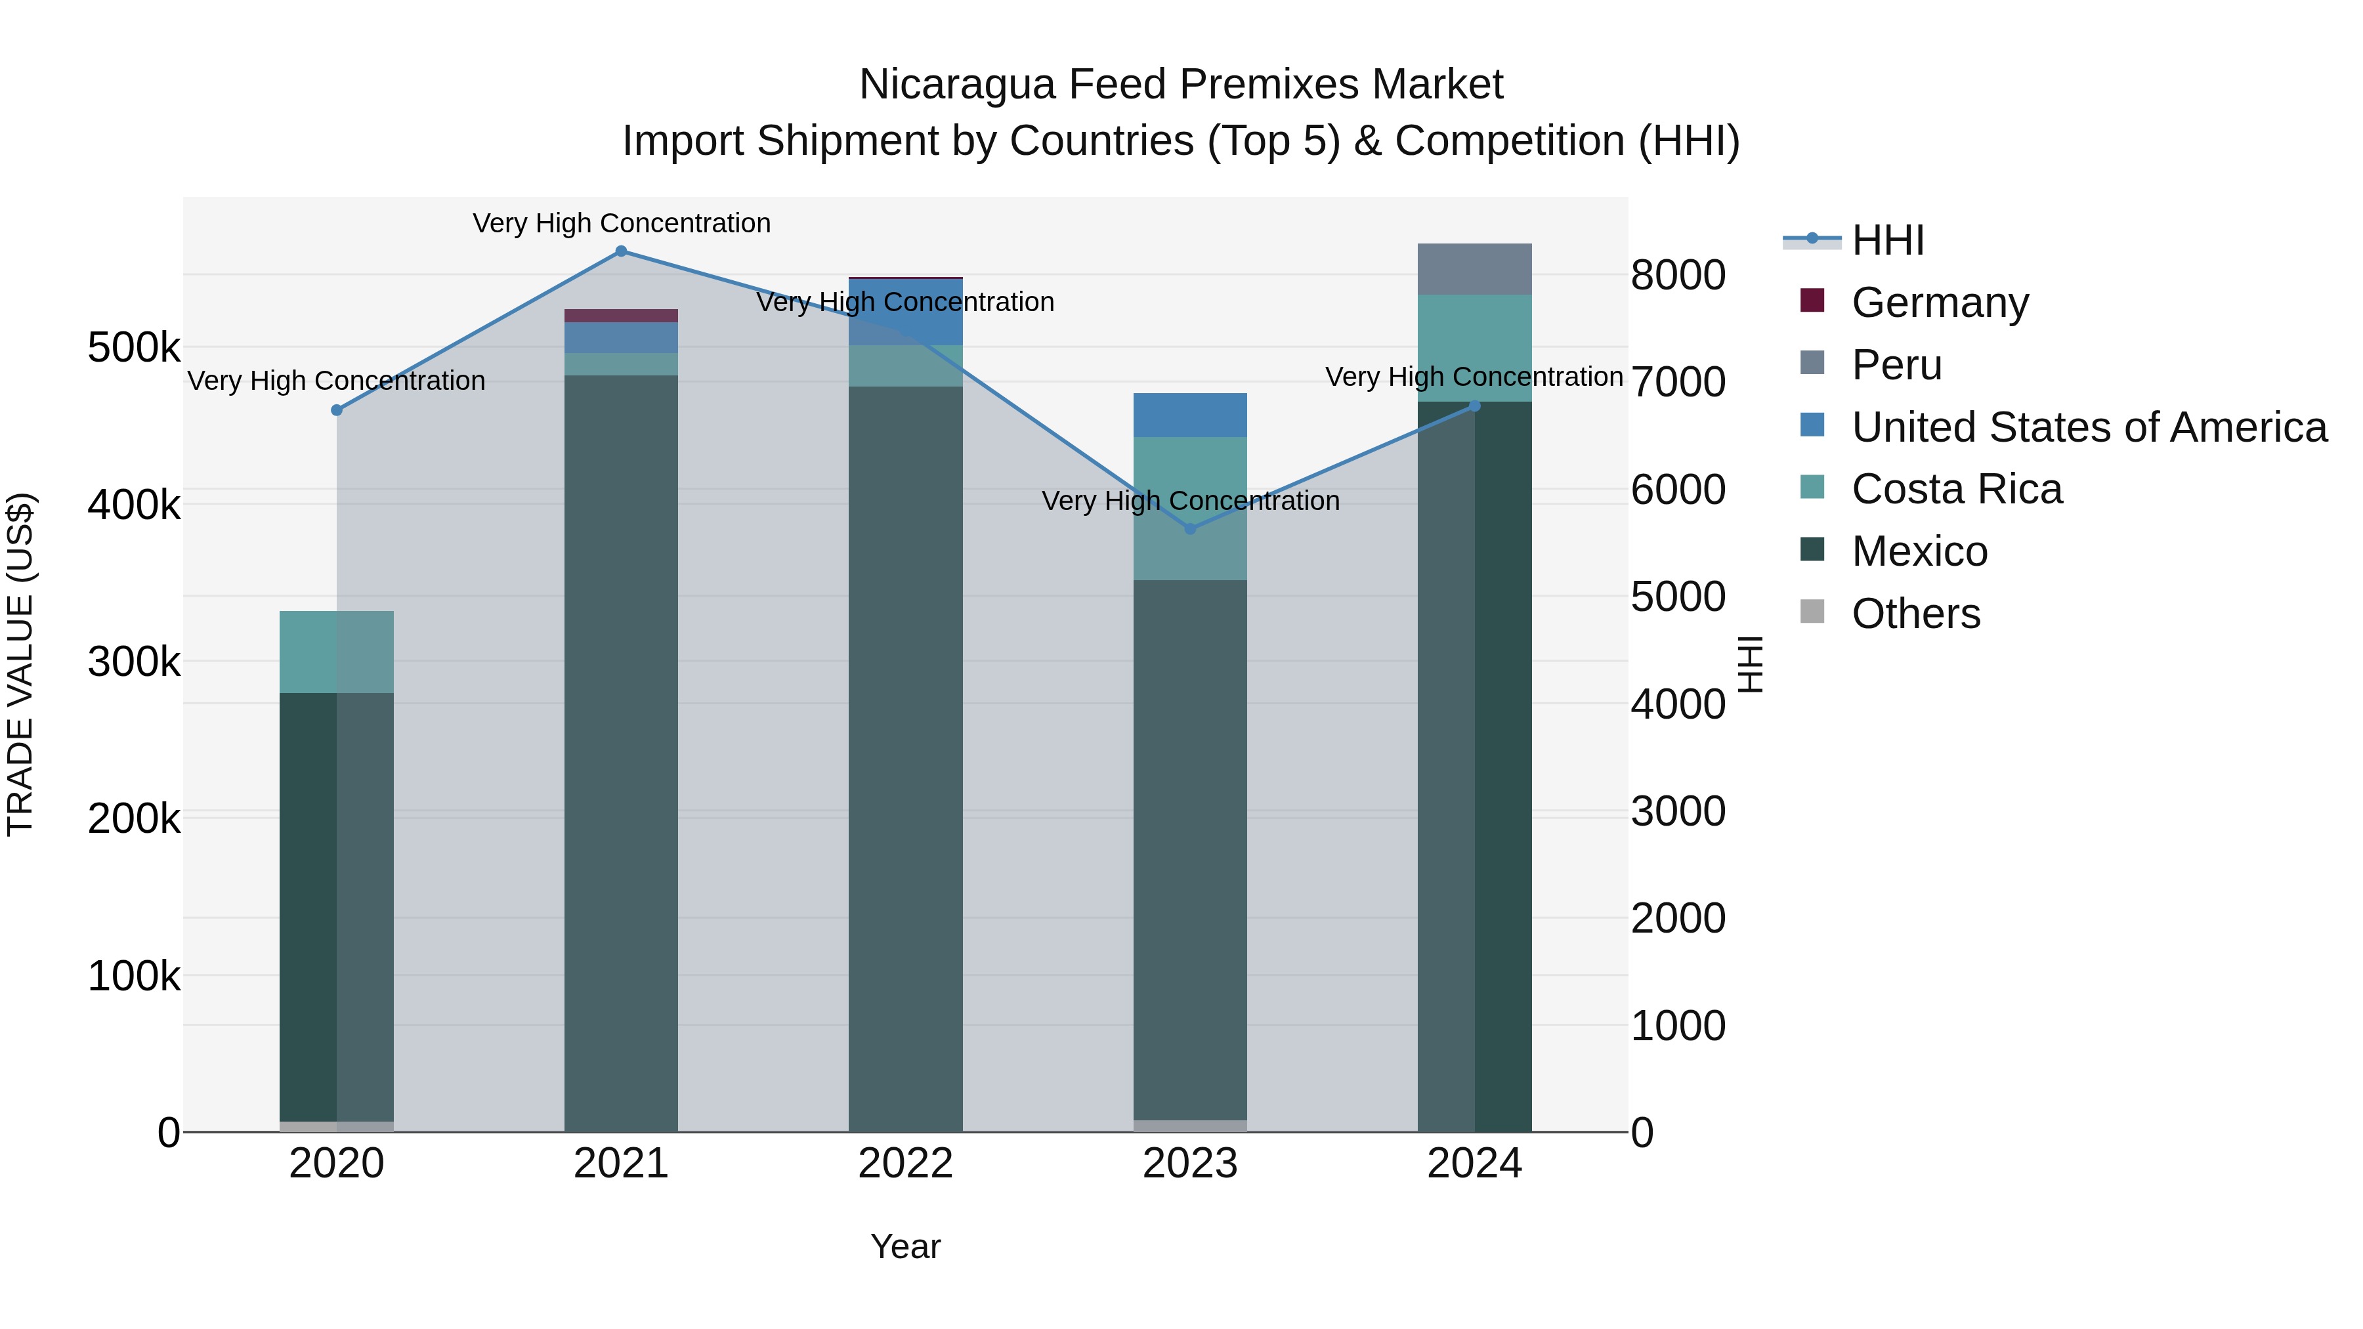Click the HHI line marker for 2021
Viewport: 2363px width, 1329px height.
pyautogui.click(x=621, y=251)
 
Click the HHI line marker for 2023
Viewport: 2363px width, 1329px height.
pyautogui.click(x=1190, y=528)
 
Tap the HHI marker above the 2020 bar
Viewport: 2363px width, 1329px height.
pyautogui.click(x=337, y=410)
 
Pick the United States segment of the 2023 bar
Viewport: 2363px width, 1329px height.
pyautogui.click(x=1190, y=415)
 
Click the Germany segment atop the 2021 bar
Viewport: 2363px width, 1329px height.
pyautogui.click(x=621, y=316)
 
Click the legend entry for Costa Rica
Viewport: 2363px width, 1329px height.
pyautogui.click(x=1956, y=489)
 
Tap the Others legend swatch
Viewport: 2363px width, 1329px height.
pyautogui.click(x=1812, y=612)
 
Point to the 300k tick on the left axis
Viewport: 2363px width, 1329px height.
pyautogui.click(x=134, y=662)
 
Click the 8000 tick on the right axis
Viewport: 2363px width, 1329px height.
pyautogui.click(x=1678, y=274)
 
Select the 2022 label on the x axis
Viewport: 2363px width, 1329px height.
pyautogui.click(x=905, y=1164)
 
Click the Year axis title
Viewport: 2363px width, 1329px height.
pyautogui.click(x=905, y=1246)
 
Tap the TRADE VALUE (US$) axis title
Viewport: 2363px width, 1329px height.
pyautogui.click(x=20, y=664)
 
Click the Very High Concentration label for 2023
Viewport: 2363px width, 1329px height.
pyautogui.click(x=1190, y=501)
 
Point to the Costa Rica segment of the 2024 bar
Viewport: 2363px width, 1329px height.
pyautogui.click(x=1474, y=348)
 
